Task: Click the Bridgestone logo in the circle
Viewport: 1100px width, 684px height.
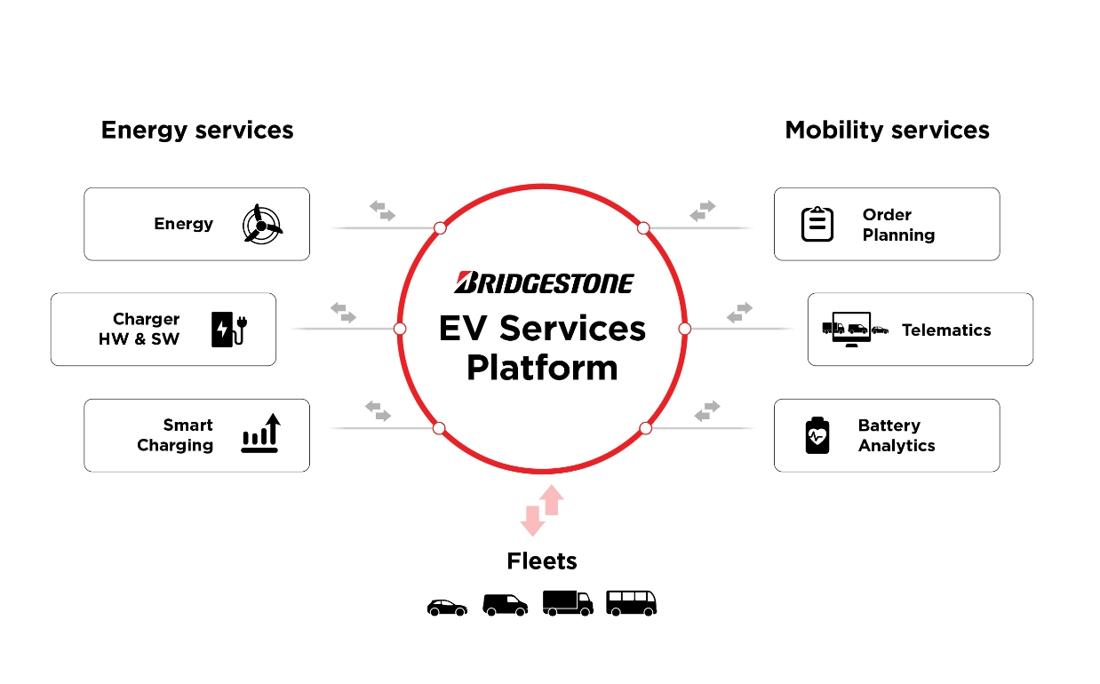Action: tap(543, 282)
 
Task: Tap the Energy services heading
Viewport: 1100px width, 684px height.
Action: tap(197, 130)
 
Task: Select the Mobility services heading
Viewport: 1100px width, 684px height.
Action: tap(887, 130)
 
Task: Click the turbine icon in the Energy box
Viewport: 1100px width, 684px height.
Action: tap(262, 224)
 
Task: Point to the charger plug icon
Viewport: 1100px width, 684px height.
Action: tap(227, 329)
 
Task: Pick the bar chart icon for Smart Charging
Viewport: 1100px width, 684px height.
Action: tap(260, 434)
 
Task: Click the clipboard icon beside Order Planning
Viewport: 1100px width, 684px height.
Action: tap(817, 224)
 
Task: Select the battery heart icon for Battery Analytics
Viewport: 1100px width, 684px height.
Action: tap(817, 435)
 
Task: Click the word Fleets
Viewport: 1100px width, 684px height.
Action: tap(542, 561)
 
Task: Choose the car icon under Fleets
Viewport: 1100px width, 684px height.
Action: tap(447, 607)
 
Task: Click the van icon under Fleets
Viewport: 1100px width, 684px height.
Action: tap(505, 605)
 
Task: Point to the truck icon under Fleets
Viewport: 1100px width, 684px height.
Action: tap(567, 603)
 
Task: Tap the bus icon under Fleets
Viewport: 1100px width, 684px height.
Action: tap(631, 603)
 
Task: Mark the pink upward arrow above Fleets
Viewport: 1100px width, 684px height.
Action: tap(553, 500)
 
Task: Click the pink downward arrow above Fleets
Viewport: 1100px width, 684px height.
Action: tap(532, 520)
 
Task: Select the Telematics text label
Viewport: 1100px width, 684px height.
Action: tap(946, 330)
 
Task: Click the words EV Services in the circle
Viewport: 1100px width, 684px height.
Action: tap(542, 329)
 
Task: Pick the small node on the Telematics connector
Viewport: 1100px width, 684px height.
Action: tap(684, 329)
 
